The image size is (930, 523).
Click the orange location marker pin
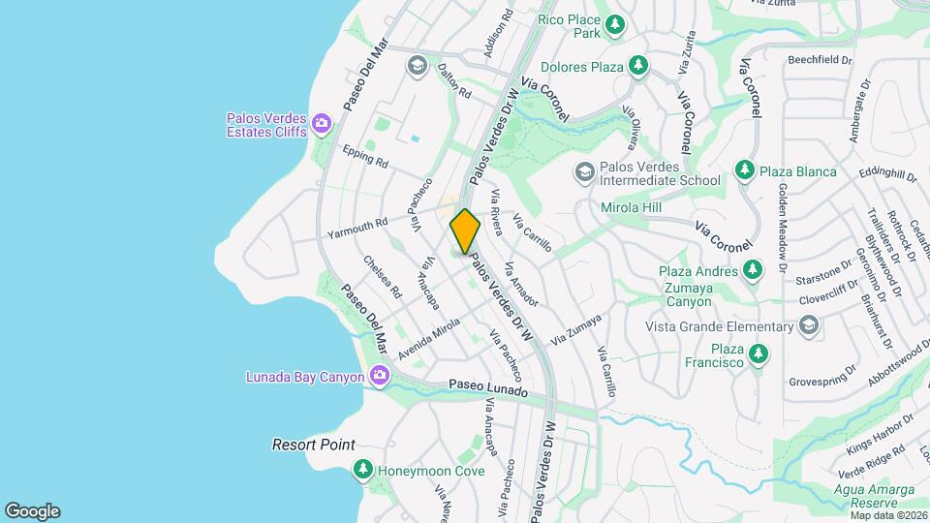465,231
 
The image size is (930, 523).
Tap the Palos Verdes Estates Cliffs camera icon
322,124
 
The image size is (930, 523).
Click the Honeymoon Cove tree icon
363,471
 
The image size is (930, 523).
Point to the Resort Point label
313,445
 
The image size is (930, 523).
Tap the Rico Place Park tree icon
614,22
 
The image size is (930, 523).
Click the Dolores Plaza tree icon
637,66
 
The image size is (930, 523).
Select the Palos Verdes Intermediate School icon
584,171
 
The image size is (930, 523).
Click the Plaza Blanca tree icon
744,171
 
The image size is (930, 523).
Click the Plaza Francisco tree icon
759,354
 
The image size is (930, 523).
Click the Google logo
32,510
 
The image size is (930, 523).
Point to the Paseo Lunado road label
488,388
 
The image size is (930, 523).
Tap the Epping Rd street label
365,156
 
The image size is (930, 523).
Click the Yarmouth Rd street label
357,229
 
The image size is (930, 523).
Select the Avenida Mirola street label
427,339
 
